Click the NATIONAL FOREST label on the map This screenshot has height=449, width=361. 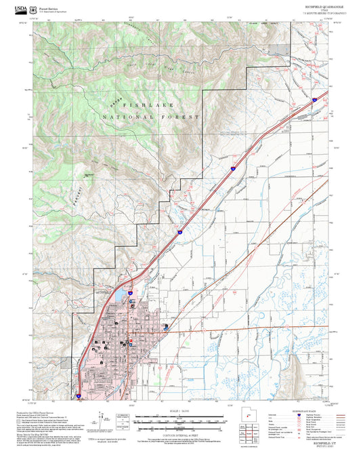pyautogui.click(x=151, y=117)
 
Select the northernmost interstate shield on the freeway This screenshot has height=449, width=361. pyautogui.click(x=314, y=100)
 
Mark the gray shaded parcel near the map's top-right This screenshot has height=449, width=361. pyautogui.click(x=278, y=49)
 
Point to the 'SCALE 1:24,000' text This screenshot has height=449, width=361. pyautogui.click(x=179, y=411)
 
